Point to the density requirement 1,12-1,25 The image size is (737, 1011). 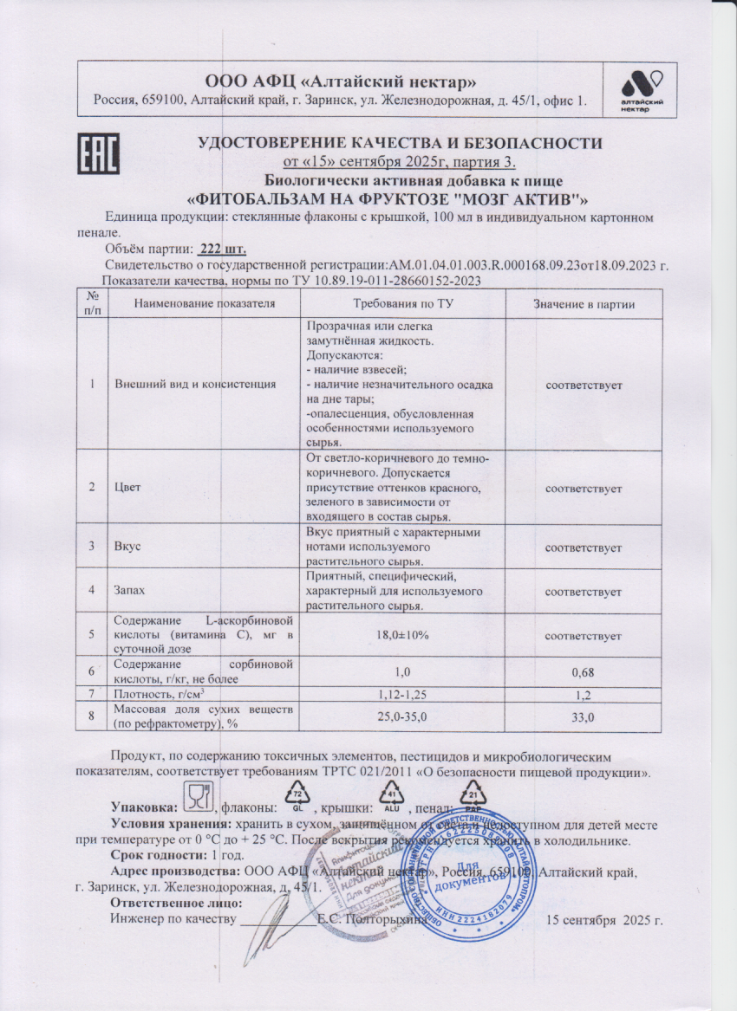[x=402, y=695]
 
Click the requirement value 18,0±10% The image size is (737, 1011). [x=402, y=635]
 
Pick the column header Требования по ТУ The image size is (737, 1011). [x=402, y=304]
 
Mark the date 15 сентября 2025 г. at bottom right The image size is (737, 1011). [x=604, y=919]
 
